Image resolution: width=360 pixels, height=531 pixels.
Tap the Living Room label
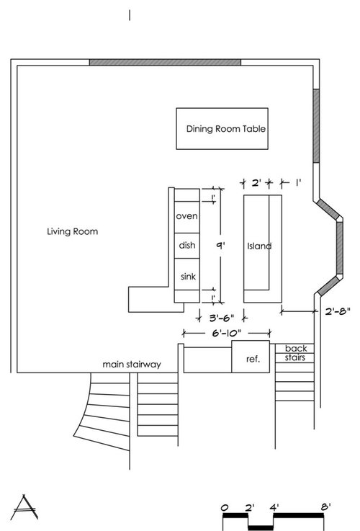pyautogui.click(x=73, y=231)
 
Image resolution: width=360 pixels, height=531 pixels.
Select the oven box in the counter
pyautogui.click(x=186, y=217)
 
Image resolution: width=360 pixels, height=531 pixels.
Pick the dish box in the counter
pyautogui.click(x=186, y=246)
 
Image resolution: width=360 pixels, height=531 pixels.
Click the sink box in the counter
pyautogui.click(x=186, y=275)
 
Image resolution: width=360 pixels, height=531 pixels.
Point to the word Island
pyautogui.click(x=259, y=246)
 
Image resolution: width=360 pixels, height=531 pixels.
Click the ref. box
pyautogui.click(x=251, y=357)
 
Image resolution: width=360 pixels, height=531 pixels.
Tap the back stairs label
pyautogui.click(x=296, y=353)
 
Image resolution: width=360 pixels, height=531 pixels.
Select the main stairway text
pyautogui.click(x=132, y=365)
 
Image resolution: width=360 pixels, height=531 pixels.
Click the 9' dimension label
pyautogui.click(x=220, y=245)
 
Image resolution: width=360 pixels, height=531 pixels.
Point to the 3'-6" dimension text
pyautogui.click(x=222, y=318)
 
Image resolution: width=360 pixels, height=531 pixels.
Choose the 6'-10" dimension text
pyautogui.click(x=227, y=334)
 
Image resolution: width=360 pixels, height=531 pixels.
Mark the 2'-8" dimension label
pyautogui.click(x=338, y=311)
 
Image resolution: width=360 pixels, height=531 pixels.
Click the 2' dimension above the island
pyautogui.click(x=256, y=183)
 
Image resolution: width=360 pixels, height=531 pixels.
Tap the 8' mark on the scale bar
pyautogui.click(x=326, y=507)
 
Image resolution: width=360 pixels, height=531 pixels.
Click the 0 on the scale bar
pyautogui.click(x=225, y=508)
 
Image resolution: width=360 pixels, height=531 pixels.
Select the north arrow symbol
pyautogui.click(x=24, y=507)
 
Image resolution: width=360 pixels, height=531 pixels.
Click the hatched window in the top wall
pyautogui.click(x=165, y=62)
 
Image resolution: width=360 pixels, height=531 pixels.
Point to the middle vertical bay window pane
pyautogui.click(x=339, y=248)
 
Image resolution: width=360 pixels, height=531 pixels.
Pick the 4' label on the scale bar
pyautogui.click(x=274, y=507)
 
